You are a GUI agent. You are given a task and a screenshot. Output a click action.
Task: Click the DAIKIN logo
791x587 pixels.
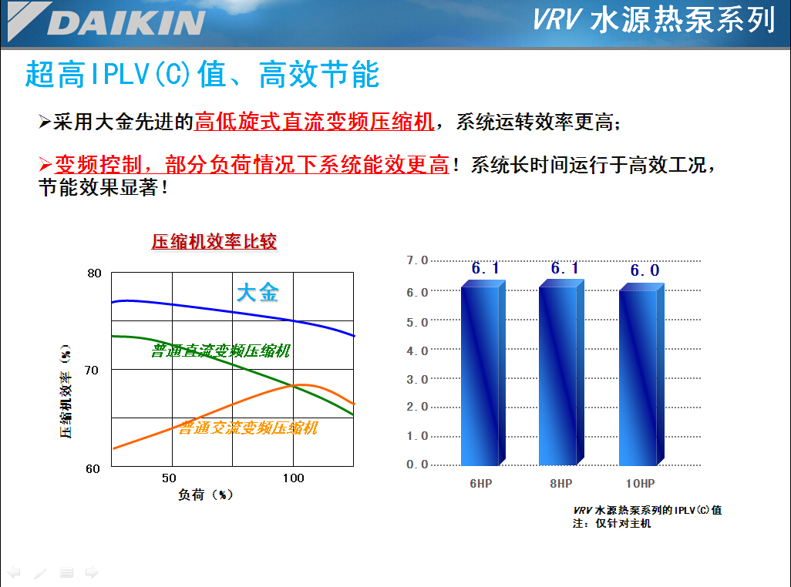(106, 22)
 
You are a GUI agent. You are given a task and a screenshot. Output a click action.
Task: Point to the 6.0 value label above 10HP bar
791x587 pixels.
(645, 270)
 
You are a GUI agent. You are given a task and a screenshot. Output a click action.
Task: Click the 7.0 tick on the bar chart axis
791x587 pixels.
(416, 260)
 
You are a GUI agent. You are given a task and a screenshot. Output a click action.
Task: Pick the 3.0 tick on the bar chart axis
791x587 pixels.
(416, 379)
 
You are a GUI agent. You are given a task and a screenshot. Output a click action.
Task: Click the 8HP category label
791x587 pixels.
(561, 483)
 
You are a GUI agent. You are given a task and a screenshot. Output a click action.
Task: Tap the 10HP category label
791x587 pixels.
(640, 483)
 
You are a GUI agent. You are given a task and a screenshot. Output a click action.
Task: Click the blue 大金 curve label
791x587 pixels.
(257, 292)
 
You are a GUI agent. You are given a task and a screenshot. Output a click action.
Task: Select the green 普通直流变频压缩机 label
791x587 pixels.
(220, 351)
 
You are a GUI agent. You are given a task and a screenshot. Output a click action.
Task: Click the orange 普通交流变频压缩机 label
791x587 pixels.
(247, 428)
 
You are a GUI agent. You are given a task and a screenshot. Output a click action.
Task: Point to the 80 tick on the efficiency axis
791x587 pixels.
(94, 273)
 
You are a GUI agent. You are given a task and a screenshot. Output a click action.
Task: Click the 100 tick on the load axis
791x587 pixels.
(293, 478)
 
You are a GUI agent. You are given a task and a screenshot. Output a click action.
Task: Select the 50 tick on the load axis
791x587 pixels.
(169, 478)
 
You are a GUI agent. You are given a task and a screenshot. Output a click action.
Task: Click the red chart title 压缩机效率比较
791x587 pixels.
(214, 241)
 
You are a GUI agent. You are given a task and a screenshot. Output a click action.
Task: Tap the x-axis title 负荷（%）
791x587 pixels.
(205, 495)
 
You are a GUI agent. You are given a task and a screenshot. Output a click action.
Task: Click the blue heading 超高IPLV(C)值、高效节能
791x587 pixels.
(202, 74)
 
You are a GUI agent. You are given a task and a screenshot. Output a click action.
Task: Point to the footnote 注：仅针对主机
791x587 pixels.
(611, 523)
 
